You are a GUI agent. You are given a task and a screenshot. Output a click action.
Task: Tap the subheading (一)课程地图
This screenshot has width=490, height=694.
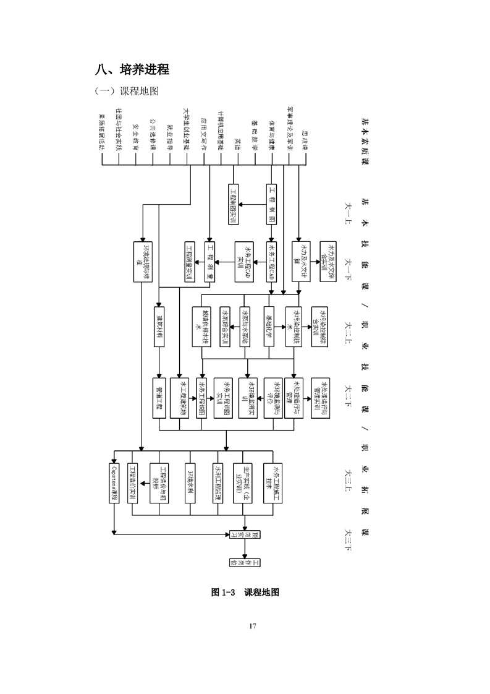point(126,92)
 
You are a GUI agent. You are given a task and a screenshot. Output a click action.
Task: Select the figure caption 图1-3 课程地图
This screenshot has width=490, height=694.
point(245,593)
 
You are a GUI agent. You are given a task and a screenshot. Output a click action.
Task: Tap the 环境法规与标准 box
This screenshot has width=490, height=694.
point(143,262)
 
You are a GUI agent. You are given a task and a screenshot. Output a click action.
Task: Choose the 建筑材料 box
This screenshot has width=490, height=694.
point(159,326)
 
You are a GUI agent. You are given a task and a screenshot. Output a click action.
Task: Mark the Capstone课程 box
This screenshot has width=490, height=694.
point(114,485)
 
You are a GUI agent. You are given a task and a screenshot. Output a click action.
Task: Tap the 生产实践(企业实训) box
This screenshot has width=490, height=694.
point(243,485)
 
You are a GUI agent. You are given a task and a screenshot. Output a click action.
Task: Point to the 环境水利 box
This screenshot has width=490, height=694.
point(191,485)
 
